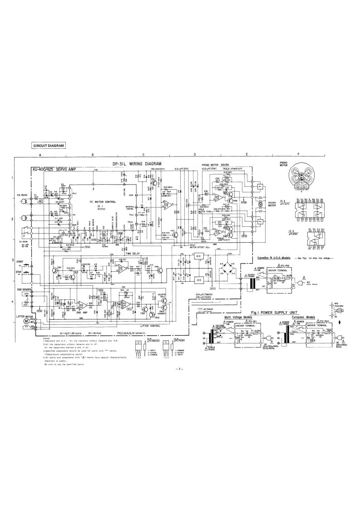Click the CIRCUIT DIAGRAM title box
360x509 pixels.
click(49, 146)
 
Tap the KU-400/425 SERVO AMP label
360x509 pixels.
click(52, 170)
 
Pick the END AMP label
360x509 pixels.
click(82, 312)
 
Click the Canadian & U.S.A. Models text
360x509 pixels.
click(273, 258)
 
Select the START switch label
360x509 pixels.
click(20, 262)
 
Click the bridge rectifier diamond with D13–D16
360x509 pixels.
click(227, 270)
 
